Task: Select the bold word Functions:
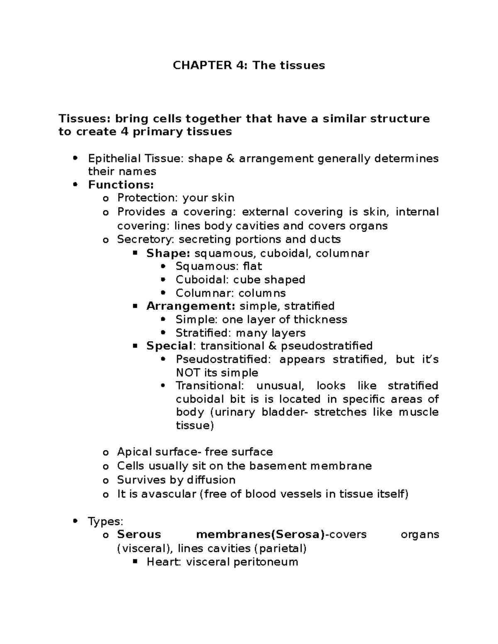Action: tap(121, 185)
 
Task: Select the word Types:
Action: tap(105, 521)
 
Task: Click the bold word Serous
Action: tap(139, 535)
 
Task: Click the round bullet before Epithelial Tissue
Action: tap(75, 158)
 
